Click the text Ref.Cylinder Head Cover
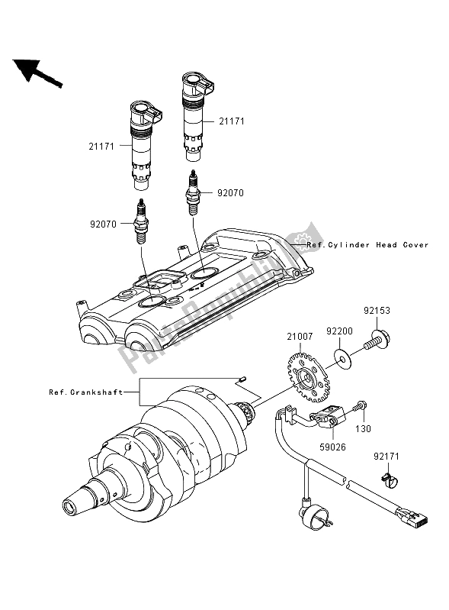tap(367, 245)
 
